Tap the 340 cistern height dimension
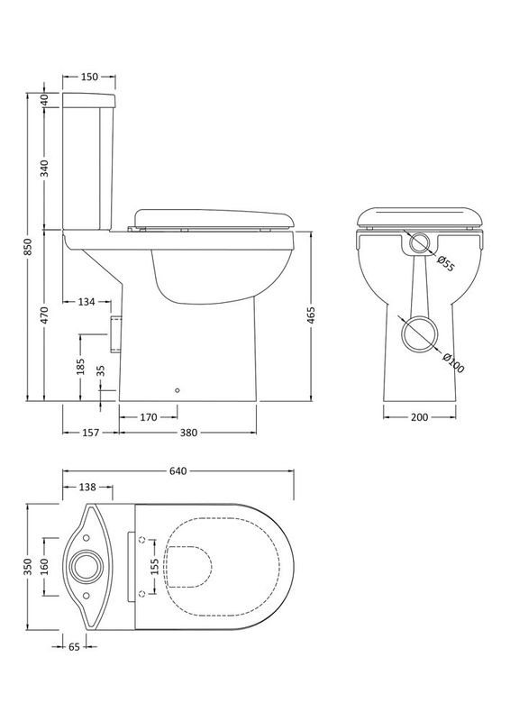point(45,168)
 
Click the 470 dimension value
point(45,315)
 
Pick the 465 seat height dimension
point(312,315)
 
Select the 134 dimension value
point(88,301)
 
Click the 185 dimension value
point(80,367)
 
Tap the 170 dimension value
point(150,416)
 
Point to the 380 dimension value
point(188,433)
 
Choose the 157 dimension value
point(90,433)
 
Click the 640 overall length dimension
point(177,470)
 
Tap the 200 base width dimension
point(418,416)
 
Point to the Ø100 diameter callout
point(453,361)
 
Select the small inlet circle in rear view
point(418,243)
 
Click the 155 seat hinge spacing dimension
point(154,567)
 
